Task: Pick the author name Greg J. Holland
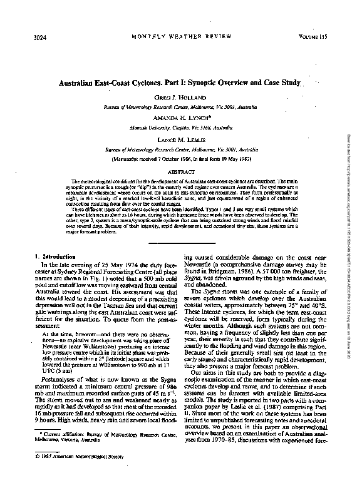180,99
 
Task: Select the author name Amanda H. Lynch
181,117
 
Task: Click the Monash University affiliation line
180,126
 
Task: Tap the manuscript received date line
180,160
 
